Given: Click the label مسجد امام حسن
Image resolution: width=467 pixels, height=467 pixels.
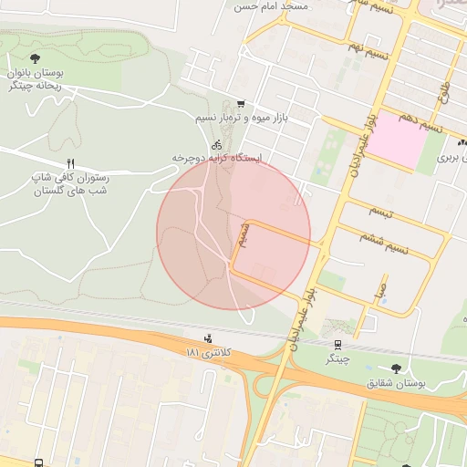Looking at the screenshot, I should [x=272, y=6].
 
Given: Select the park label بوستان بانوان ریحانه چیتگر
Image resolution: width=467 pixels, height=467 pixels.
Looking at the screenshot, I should [x=35, y=79].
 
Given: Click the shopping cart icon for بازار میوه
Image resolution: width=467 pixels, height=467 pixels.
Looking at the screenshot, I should [x=240, y=104].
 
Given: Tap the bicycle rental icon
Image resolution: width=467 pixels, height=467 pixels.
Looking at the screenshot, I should [x=217, y=144].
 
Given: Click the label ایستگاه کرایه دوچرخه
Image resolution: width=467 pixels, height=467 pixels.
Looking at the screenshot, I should [x=217, y=158].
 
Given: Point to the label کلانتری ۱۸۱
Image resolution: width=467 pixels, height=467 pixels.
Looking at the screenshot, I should [x=209, y=352].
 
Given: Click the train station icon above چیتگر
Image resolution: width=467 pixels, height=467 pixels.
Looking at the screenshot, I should [x=338, y=345].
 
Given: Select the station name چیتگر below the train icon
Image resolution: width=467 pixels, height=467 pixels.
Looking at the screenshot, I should [x=338, y=359].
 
